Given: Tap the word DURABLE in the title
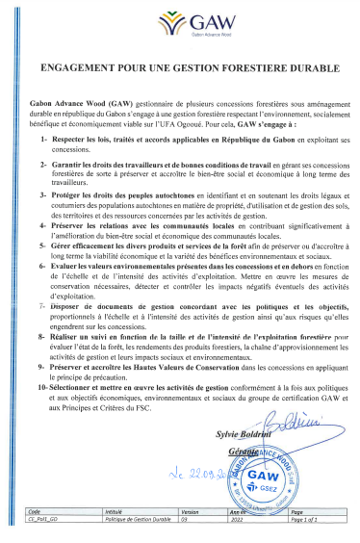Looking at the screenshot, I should [x=312, y=70].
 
